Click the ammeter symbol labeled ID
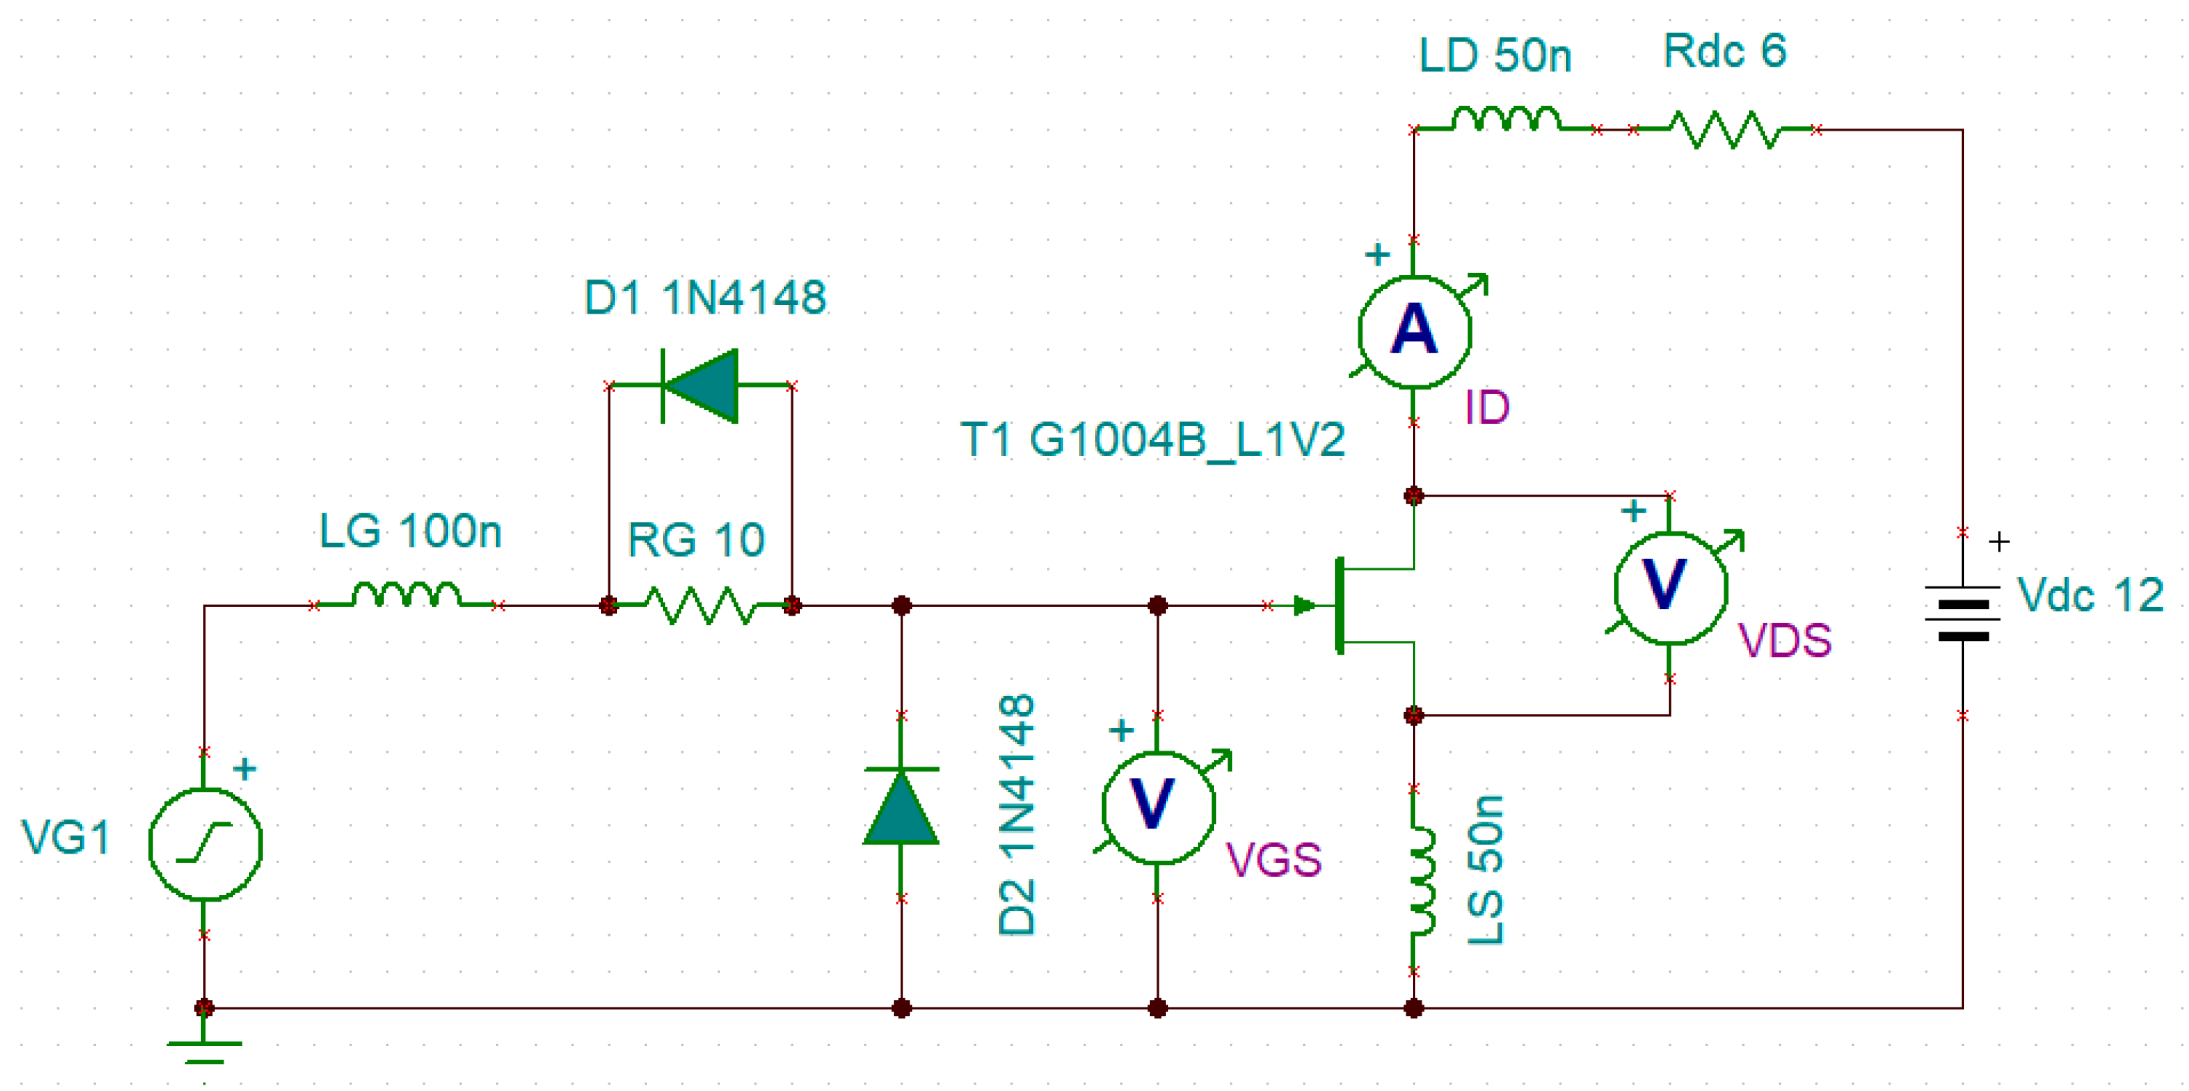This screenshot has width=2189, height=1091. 1414,332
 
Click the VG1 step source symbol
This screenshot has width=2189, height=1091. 205,843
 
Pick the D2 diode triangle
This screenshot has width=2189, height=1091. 902,807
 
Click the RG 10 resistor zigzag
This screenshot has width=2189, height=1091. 700,606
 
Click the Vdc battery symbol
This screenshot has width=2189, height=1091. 1962,613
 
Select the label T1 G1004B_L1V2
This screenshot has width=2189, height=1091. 1152,440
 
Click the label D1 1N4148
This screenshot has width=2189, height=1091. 704,298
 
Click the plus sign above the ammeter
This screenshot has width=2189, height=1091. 1377,254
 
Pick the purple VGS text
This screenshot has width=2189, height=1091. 1273,860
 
